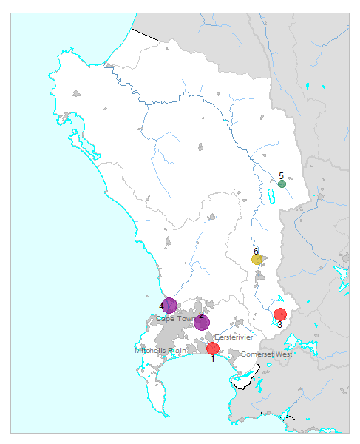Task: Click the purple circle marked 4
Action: coord(169,305)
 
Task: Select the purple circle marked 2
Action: coord(202,323)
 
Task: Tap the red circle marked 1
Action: coord(213,348)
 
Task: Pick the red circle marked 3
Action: coord(279,314)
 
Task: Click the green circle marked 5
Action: coord(282,184)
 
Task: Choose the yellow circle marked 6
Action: coord(257,259)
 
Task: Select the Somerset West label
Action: coord(267,354)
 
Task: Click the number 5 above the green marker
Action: coord(282,175)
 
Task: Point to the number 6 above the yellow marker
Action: coord(257,251)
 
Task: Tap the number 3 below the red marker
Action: coord(279,324)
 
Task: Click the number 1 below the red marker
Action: coord(212,358)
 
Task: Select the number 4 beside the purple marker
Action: coord(161,306)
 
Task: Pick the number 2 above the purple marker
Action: coord(201,315)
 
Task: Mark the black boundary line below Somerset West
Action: coord(245,384)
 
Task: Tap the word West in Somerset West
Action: coord(284,354)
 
